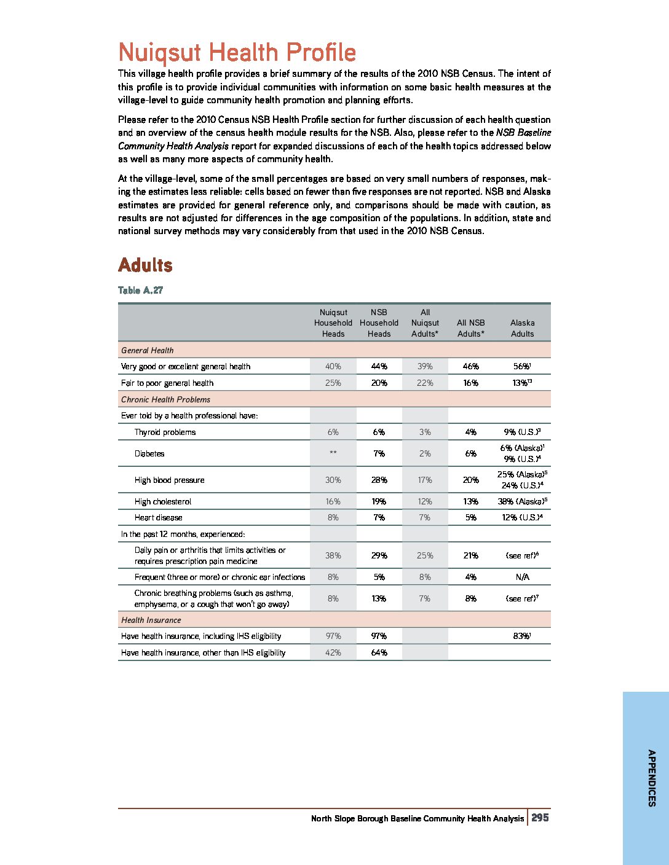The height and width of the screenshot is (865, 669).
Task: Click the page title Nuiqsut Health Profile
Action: (x=237, y=52)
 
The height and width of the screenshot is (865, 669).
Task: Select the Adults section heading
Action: (x=145, y=265)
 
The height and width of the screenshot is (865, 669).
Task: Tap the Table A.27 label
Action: (x=140, y=290)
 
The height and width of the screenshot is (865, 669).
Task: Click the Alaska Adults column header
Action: (x=522, y=328)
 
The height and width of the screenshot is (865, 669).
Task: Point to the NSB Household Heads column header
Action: (x=379, y=323)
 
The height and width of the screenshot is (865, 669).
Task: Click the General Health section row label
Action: (x=148, y=350)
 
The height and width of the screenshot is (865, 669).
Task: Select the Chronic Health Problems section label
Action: (x=165, y=399)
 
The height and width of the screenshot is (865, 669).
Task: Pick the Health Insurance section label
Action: (x=151, y=620)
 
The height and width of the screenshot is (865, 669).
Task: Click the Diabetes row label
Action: (x=149, y=453)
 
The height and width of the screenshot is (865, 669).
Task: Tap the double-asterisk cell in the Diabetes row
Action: (x=333, y=453)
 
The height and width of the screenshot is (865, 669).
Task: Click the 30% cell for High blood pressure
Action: (x=333, y=480)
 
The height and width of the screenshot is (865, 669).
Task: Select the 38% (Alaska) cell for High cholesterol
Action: (x=522, y=501)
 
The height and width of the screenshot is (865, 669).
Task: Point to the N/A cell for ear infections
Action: (x=522, y=577)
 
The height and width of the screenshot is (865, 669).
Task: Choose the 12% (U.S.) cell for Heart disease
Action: (x=522, y=517)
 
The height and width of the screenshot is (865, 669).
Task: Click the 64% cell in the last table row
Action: (x=379, y=652)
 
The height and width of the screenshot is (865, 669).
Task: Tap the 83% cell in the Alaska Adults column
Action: (x=522, y=636)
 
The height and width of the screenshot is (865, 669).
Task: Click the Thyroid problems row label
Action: (x=165, y=432)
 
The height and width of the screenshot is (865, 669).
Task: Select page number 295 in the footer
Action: (x=540, y=818)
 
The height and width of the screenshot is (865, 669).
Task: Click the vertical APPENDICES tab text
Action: (x=651, y=778)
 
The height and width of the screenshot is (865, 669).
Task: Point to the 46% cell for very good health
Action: (x=470, y=366)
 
